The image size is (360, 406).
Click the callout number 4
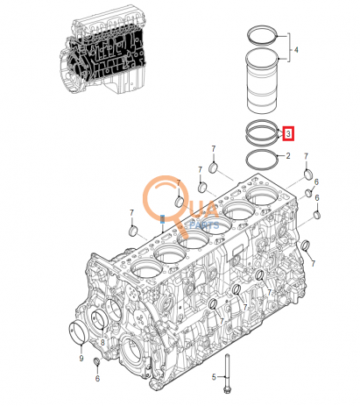[296, 51]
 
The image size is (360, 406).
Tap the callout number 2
[287, 157]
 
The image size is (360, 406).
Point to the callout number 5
[213, 376]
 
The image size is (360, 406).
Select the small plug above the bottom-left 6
[97, 362]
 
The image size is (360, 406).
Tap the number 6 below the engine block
[97, 378]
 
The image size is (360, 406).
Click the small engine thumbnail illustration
[101, 54]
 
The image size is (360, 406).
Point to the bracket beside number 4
[285, 51]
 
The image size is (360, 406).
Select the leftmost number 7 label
[131, 211]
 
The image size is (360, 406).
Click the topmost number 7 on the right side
[307, 154]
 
